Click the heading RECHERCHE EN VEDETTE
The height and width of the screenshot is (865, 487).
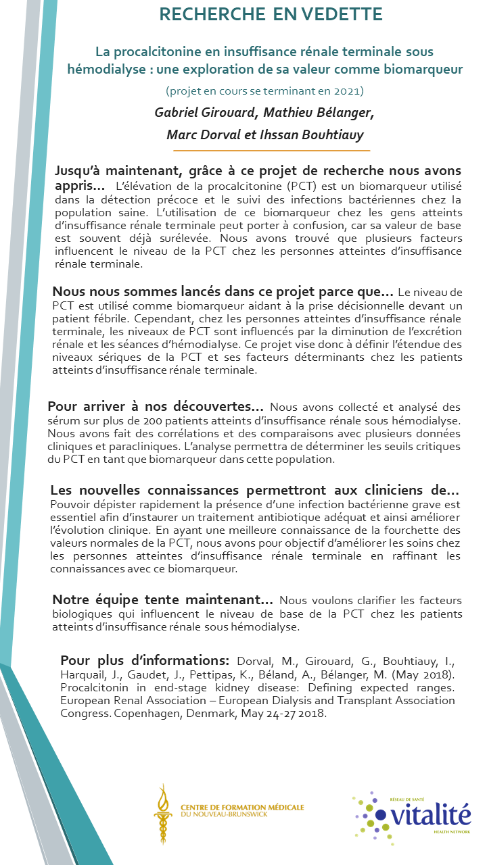click(x=271, y=14)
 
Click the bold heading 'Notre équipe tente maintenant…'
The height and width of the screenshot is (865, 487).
click(x=163, y=600)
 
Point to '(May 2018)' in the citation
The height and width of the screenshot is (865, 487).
click(x=426, y=674)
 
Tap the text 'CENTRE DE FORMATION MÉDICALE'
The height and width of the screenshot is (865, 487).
click(x=242, y=808)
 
